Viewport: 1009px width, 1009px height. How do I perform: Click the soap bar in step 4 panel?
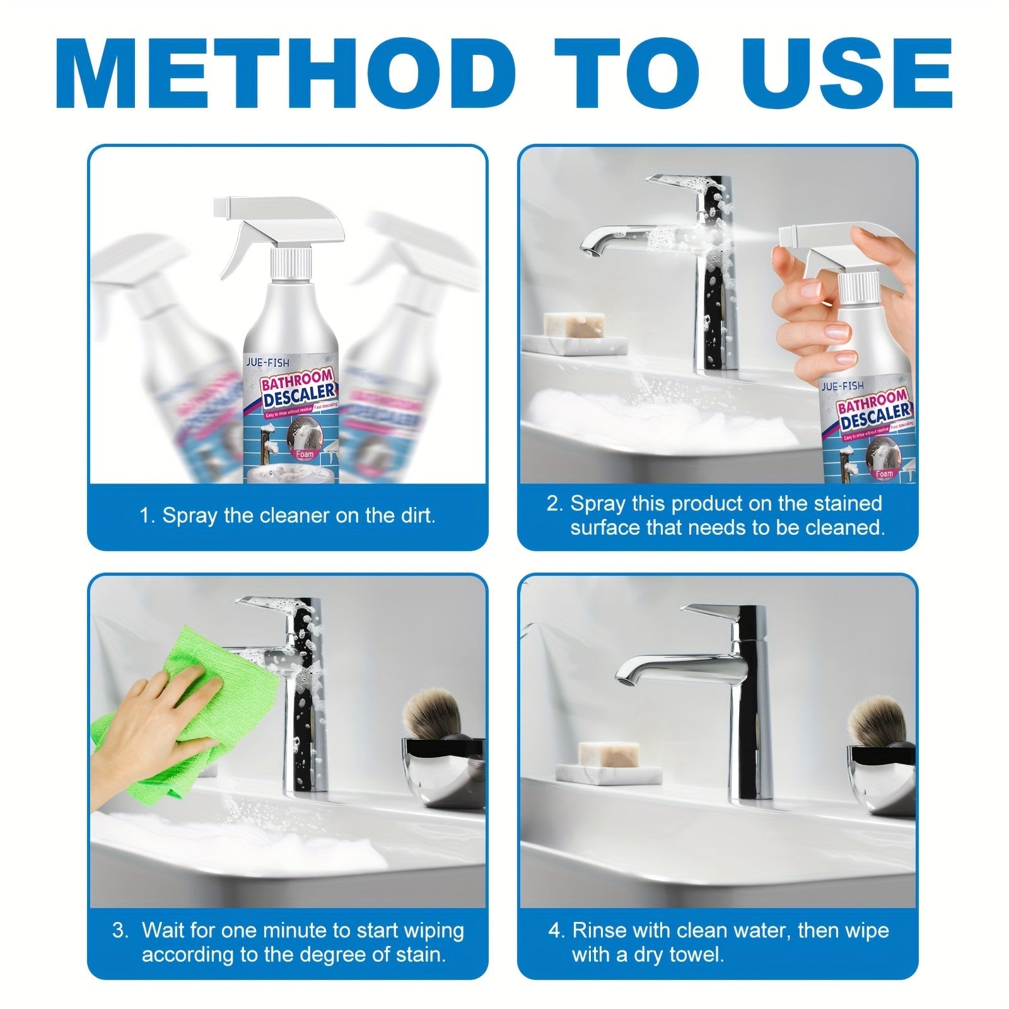[609, 755]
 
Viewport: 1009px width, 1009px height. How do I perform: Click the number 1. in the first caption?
[147, 516]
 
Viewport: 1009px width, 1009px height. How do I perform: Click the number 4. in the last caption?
[556, 931]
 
